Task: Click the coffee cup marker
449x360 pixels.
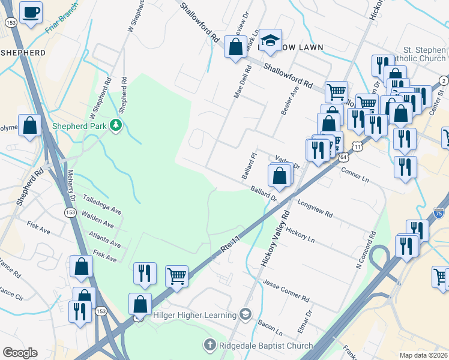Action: point(31,12)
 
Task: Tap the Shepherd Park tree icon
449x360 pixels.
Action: point(116,125)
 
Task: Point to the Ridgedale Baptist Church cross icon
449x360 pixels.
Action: point(209,345)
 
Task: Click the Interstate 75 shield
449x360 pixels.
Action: point(439,213)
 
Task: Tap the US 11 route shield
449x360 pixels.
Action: point(358,146)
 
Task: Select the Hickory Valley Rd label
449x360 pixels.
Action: point(275,239)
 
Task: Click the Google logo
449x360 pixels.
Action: point(20,353)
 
